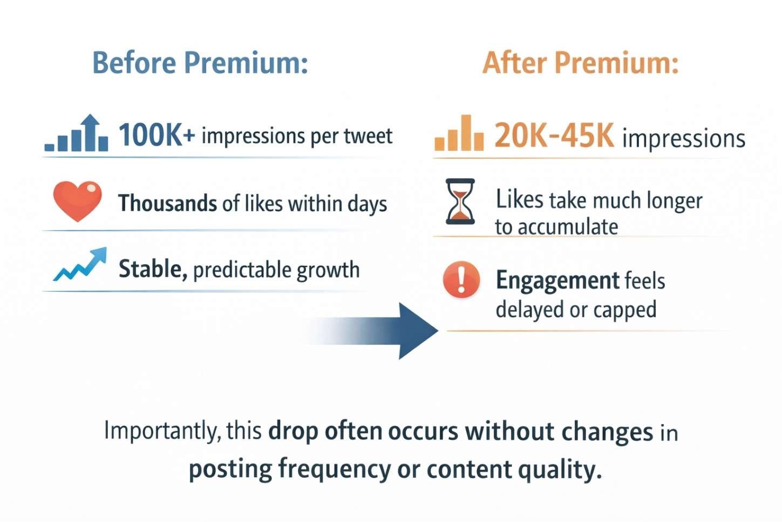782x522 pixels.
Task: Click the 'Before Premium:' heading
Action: pyautogui.click(x=200, y=63)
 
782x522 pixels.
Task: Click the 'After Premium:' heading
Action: pyautogui.click(x=580, y=63)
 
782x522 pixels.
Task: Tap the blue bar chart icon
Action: pyautogui.click(x=77, y=133)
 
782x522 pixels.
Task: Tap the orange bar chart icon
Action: pyautogui.click(x=459, y=133)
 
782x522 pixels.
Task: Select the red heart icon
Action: pyautogui.click(x=77, y=201)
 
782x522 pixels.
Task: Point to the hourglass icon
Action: pyautogui.click(x=460, y=202)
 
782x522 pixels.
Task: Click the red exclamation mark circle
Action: pyautogui.click(x=461, y=279)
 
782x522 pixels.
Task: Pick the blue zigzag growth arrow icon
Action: pyautogui.click(x=80, y=265)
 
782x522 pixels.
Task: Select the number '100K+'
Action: pyautogui.click(x=157, y=135)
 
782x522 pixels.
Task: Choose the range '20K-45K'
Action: pyautogui.click(x=554, y=136)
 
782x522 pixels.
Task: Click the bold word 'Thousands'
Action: pyautogui.click(x=167, y=203)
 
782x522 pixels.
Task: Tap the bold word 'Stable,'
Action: pyautogui.click(x=153, y=269)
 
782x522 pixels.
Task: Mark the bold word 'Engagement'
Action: pyautogui.click(x=557, y=281)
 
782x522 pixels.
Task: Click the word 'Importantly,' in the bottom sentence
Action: pyautogui.click(x=162, y=431)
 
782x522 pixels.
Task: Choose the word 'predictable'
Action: pyautogui.click(x=234, y=270)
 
